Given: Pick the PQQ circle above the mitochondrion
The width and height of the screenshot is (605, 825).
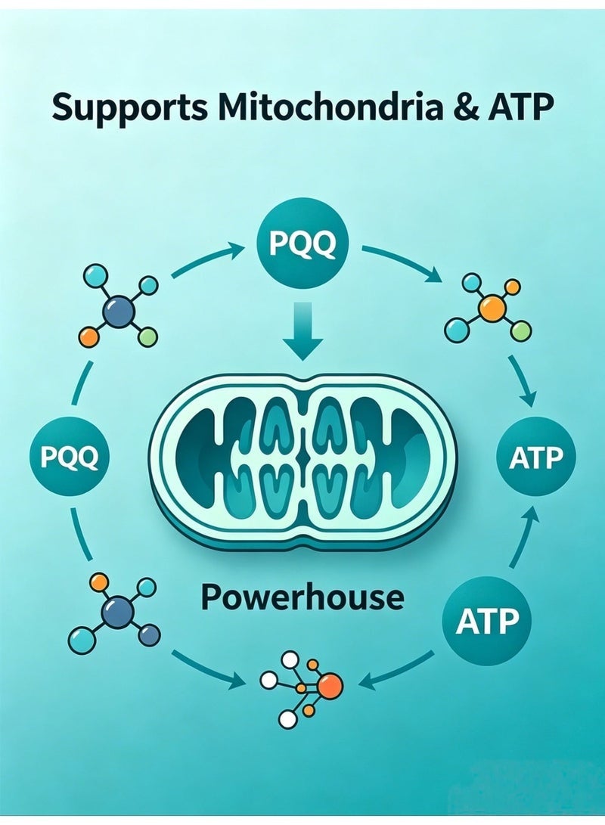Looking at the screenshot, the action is point(302,243).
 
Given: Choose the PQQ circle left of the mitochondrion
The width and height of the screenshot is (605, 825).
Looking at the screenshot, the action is point(70,456).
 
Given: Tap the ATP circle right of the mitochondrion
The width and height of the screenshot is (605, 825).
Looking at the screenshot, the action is point(536,457).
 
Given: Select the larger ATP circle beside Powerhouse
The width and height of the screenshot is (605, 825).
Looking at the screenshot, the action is point(487,620).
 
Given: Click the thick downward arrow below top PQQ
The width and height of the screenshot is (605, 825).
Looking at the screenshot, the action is point(302,330).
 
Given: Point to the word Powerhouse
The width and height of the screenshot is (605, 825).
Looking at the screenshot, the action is point(303,597).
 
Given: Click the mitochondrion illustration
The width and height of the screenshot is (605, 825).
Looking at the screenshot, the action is point(302,463).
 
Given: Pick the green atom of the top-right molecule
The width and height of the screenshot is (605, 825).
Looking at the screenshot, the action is point(520,331).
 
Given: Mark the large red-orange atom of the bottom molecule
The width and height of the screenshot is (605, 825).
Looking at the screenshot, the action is point(330,686).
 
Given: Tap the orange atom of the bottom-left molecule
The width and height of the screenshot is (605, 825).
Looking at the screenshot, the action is point(100,582).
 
